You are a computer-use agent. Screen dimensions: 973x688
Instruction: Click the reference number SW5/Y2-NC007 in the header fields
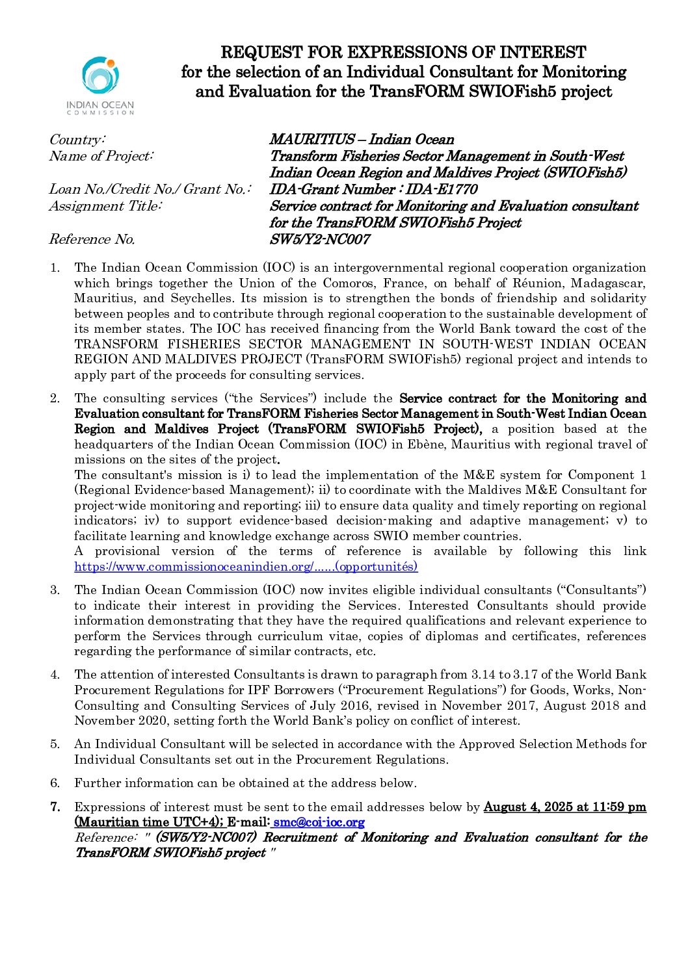319,239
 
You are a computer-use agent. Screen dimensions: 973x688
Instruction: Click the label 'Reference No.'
92,239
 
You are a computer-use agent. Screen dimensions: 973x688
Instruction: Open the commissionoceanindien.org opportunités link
246,567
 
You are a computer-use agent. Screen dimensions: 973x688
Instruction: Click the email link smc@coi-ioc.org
319,822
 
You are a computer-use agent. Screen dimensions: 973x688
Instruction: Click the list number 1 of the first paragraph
55,268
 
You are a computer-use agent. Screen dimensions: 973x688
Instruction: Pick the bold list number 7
55,807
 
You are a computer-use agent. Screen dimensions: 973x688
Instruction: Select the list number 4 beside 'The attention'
55,675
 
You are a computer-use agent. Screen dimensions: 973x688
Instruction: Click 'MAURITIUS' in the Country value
312,140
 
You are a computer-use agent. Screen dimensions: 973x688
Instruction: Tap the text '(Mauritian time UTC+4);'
149,822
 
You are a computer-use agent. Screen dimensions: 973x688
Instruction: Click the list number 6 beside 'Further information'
55,783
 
